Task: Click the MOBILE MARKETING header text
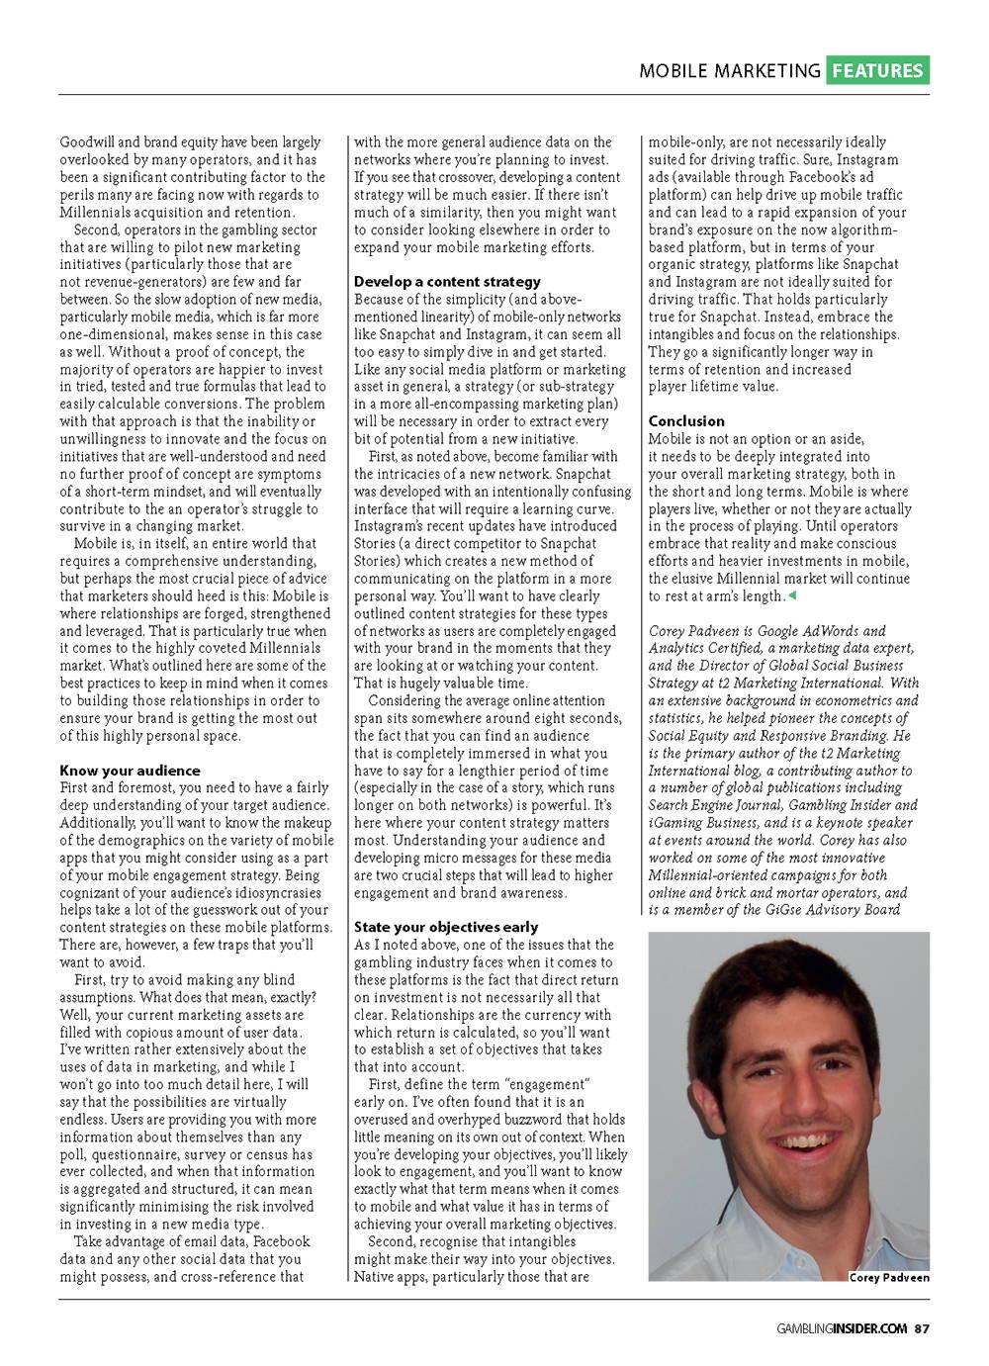click(730, 71)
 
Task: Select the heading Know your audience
click(130, 771)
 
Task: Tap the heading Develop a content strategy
click(447, 282)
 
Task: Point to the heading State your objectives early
click(446, 927)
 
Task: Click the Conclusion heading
click(686, 421)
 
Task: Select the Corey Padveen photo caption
click(889, 1277)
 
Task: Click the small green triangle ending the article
click(791, 595)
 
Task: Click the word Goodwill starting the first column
click(86, 142)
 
